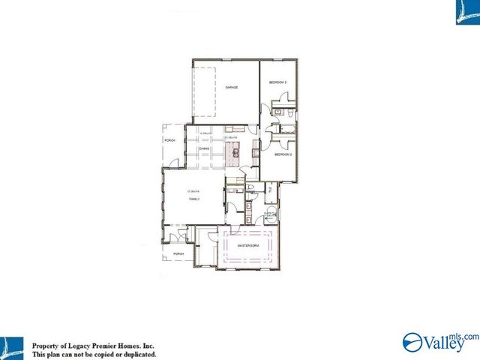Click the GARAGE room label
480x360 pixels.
[x=232, y=88]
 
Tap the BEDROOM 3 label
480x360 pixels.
[x=278, y=81]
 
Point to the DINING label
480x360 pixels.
[x=204, y=149]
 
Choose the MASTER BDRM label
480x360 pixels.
[x=247, y=246]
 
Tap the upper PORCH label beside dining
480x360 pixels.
[x=169, y=140]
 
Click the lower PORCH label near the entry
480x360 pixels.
[x=178, y=254]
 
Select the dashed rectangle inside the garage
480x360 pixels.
[x=205, y=91]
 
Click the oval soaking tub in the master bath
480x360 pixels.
[x=271, y=215]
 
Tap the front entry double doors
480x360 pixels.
[x=178, y=238]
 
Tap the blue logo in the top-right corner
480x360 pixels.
[x=466, y=11]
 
